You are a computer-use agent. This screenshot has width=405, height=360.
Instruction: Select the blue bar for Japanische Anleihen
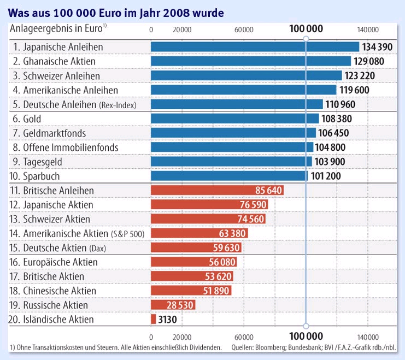[255, 47]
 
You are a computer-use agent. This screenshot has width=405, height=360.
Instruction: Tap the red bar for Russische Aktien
[173, 305]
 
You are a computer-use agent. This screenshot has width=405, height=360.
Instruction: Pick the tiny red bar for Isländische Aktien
[153, 319]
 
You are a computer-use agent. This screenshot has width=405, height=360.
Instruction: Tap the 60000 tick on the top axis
[243, 29]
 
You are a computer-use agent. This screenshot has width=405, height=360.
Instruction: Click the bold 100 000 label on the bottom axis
[306, 336]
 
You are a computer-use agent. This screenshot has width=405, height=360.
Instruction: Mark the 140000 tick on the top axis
[367, 29]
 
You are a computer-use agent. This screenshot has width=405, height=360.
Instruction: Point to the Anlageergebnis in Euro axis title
[58, 28]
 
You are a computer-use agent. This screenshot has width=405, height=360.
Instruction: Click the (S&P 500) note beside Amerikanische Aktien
[127, 234]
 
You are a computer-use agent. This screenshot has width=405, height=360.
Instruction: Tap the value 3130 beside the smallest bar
[168, 320]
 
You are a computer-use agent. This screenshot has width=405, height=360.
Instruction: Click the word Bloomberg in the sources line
[279, 347]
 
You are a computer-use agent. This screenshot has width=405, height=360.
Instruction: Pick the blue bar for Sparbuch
[229, 176]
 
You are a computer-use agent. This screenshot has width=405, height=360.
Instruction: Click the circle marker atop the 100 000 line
[306, 37]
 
